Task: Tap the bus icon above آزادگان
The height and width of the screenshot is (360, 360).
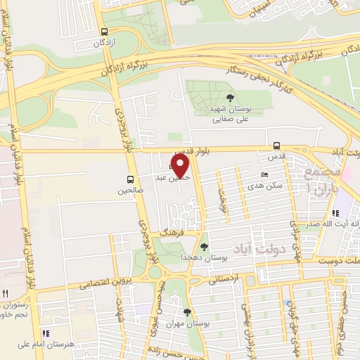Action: (105, 32)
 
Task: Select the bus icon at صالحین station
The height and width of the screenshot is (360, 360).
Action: (130, 179)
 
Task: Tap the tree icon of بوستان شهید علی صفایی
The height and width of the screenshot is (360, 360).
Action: (231, 98)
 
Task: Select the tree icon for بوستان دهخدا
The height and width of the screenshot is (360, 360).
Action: (204, 247)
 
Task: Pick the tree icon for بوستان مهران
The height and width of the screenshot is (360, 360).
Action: (186, 312)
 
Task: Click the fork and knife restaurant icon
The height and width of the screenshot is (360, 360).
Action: (6, 292)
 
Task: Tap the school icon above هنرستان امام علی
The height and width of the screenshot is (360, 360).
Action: (46, 333)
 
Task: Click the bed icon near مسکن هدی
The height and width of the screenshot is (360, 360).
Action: (264, 174)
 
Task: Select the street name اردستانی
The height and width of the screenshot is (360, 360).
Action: (225, 279)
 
